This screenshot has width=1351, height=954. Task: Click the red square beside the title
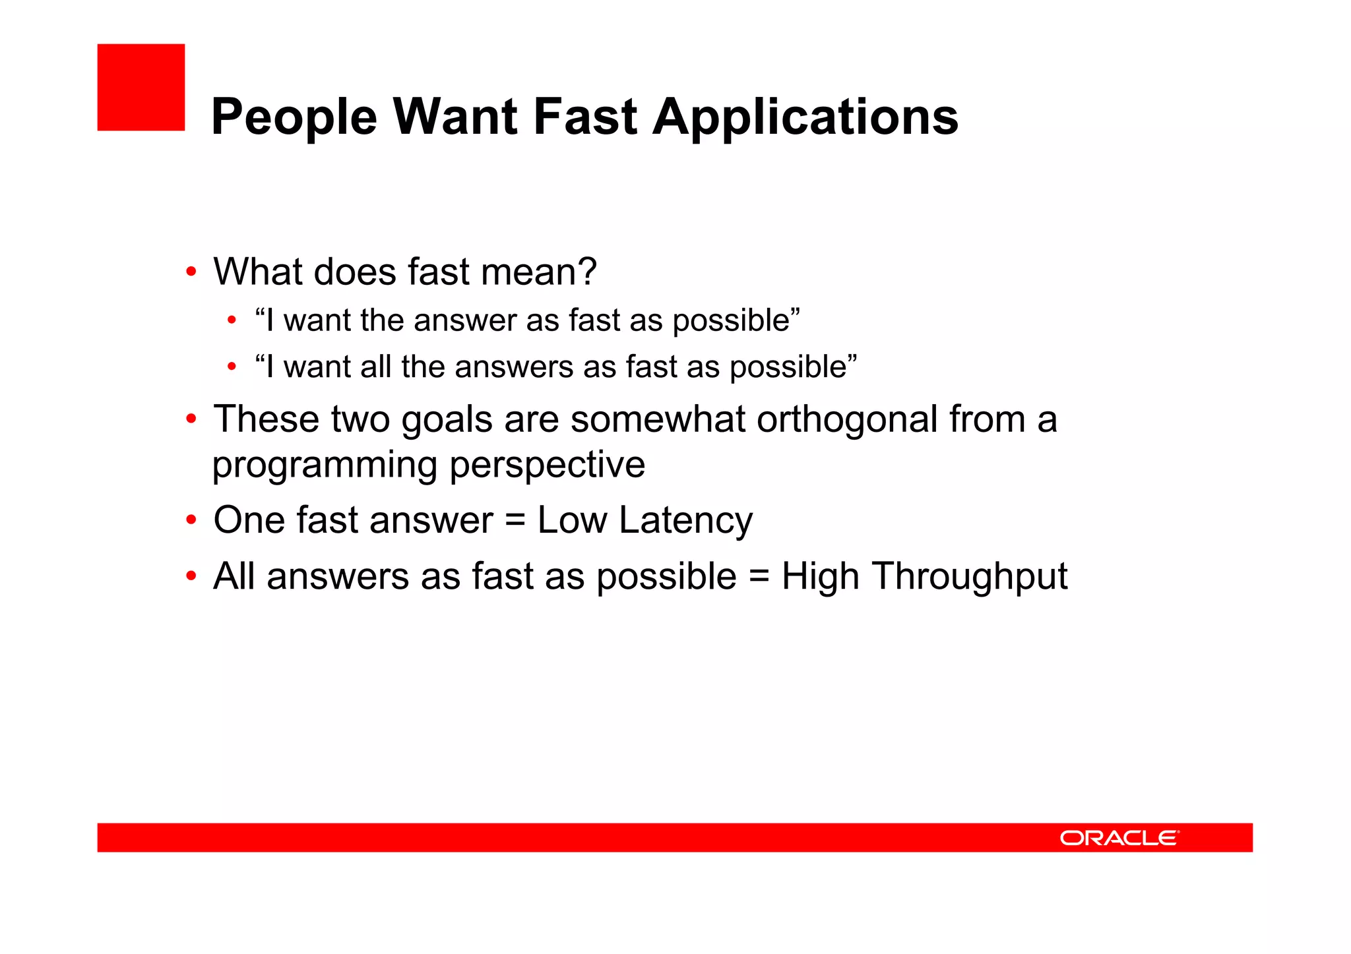(141, 87)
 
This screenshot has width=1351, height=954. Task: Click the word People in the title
(294, 117)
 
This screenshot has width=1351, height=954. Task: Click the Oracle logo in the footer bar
(1119, 838)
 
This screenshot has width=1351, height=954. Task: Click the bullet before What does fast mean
(191, 272)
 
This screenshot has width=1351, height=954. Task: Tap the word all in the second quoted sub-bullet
(375, 367)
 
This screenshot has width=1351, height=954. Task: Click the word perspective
(547, 465)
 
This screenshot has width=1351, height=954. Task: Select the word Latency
(685, 520)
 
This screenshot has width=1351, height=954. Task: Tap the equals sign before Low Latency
(515, 521)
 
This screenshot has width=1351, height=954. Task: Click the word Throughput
(970, 577)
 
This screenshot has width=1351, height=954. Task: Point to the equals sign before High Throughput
(759, 577)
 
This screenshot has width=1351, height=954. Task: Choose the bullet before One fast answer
(191, 521)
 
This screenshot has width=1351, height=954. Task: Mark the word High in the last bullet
(820, 577)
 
